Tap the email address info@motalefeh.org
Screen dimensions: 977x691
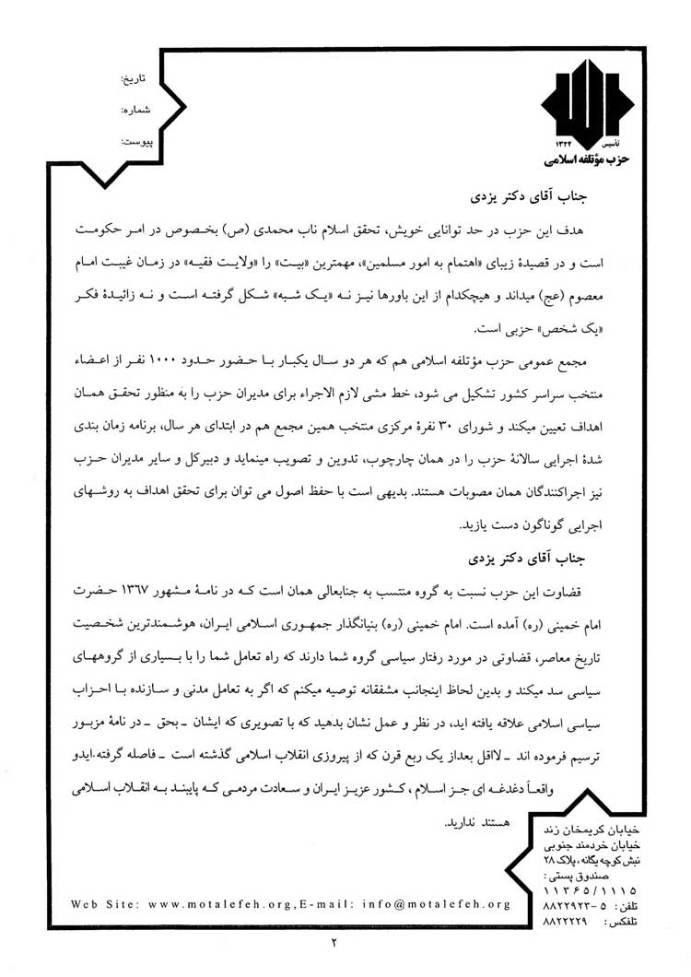[x=439, y=903]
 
